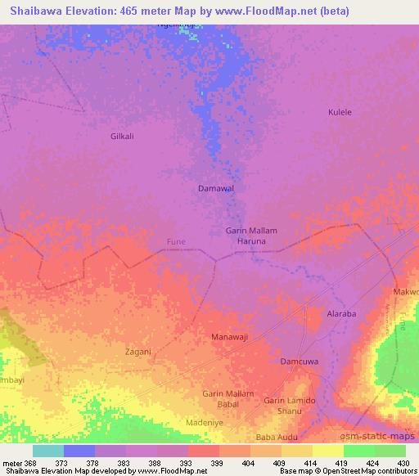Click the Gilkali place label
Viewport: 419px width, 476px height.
(122, 137)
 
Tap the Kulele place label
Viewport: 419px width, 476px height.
(340, 112)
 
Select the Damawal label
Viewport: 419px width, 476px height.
(217, 188)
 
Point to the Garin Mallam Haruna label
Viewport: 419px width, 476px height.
(251, 236)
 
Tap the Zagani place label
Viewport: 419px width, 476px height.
(137, 352)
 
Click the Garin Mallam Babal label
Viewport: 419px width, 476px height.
(228, 398)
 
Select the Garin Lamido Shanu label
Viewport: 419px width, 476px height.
(289, 405)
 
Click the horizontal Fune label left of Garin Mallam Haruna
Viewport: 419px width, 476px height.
(177, 241)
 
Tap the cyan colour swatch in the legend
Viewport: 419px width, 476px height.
(48, 451)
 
